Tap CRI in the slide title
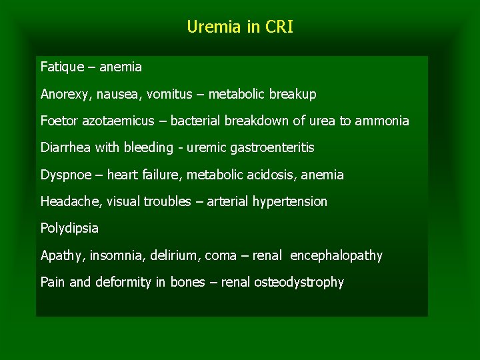click(x=278, y=27)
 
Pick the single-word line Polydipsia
click(x=69, y=229)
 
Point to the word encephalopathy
click(x=337, y=255)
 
